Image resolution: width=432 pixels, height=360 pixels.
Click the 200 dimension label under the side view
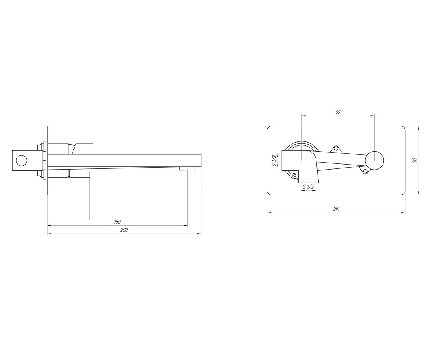click(x=124, y=230)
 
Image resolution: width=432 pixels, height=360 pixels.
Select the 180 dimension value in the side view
click(x=117, y=222)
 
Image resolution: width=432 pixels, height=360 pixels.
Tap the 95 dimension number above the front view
click(x=338, y=112)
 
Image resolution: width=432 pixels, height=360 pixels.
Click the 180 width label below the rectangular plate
click(x=336, y=209)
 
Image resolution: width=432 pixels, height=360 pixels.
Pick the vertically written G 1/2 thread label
click(x=274, y=160)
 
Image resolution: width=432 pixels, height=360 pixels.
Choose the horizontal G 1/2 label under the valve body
click(x=308, y=186)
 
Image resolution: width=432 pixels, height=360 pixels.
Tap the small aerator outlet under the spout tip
click(x=188, y=169)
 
